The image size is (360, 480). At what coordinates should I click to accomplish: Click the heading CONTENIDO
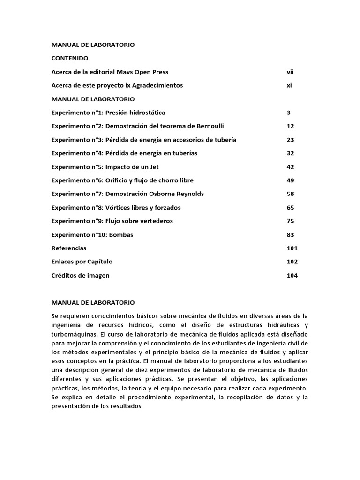(x=70, y=59)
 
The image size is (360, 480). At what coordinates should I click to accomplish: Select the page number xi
(x=289, y=86)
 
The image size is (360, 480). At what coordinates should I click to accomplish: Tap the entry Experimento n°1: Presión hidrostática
(x=108, y=113)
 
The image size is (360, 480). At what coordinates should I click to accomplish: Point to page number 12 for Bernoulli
(x=290, y=127)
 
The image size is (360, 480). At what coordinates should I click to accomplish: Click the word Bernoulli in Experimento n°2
(x=210, y=127)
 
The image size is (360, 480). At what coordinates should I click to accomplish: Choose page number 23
(x=290, y=140)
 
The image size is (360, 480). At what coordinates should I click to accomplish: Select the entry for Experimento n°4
(x=124, y=154)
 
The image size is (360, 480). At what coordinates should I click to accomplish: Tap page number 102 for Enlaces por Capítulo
(x=292, y=262)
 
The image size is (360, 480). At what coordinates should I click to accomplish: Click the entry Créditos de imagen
(x=80, y=276)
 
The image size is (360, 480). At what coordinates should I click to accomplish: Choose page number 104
(x=292, y=276)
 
